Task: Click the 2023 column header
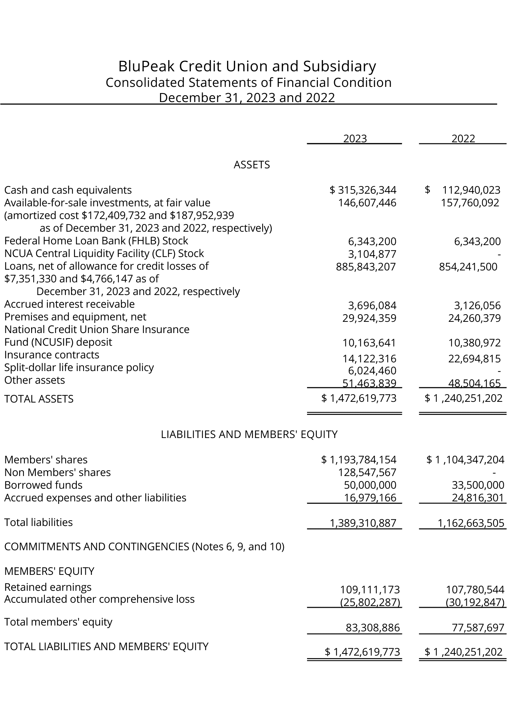click(x=355, y=139)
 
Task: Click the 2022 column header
click(x=463, y=139)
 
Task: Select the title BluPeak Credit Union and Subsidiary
click(x=247, y=66)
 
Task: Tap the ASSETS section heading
click(x=252, y=165)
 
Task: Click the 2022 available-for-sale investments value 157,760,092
click(x=470, y=202)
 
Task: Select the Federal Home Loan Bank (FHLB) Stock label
click(x=96, y=241)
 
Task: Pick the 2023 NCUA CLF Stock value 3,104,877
click(x=372, y=254)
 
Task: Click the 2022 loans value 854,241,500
click(x=468, y=267)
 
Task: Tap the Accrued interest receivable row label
click(x=69, y=304)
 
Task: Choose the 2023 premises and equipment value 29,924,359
click(x=369, y=318)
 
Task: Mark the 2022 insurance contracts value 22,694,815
click(x=474, y=359)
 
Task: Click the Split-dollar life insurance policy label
click(x=79, y=367)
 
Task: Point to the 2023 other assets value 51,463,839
click(x=369, y=383)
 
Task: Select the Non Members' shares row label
click(x=57, y=472)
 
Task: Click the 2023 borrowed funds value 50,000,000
click(x=370, y=485)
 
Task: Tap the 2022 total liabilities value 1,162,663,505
click(x=471, y=523)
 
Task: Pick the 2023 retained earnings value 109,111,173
click(x=370, y=590)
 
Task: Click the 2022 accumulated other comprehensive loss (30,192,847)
click(x=475, y=602)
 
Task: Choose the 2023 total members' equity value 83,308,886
click(x=373, y=628)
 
